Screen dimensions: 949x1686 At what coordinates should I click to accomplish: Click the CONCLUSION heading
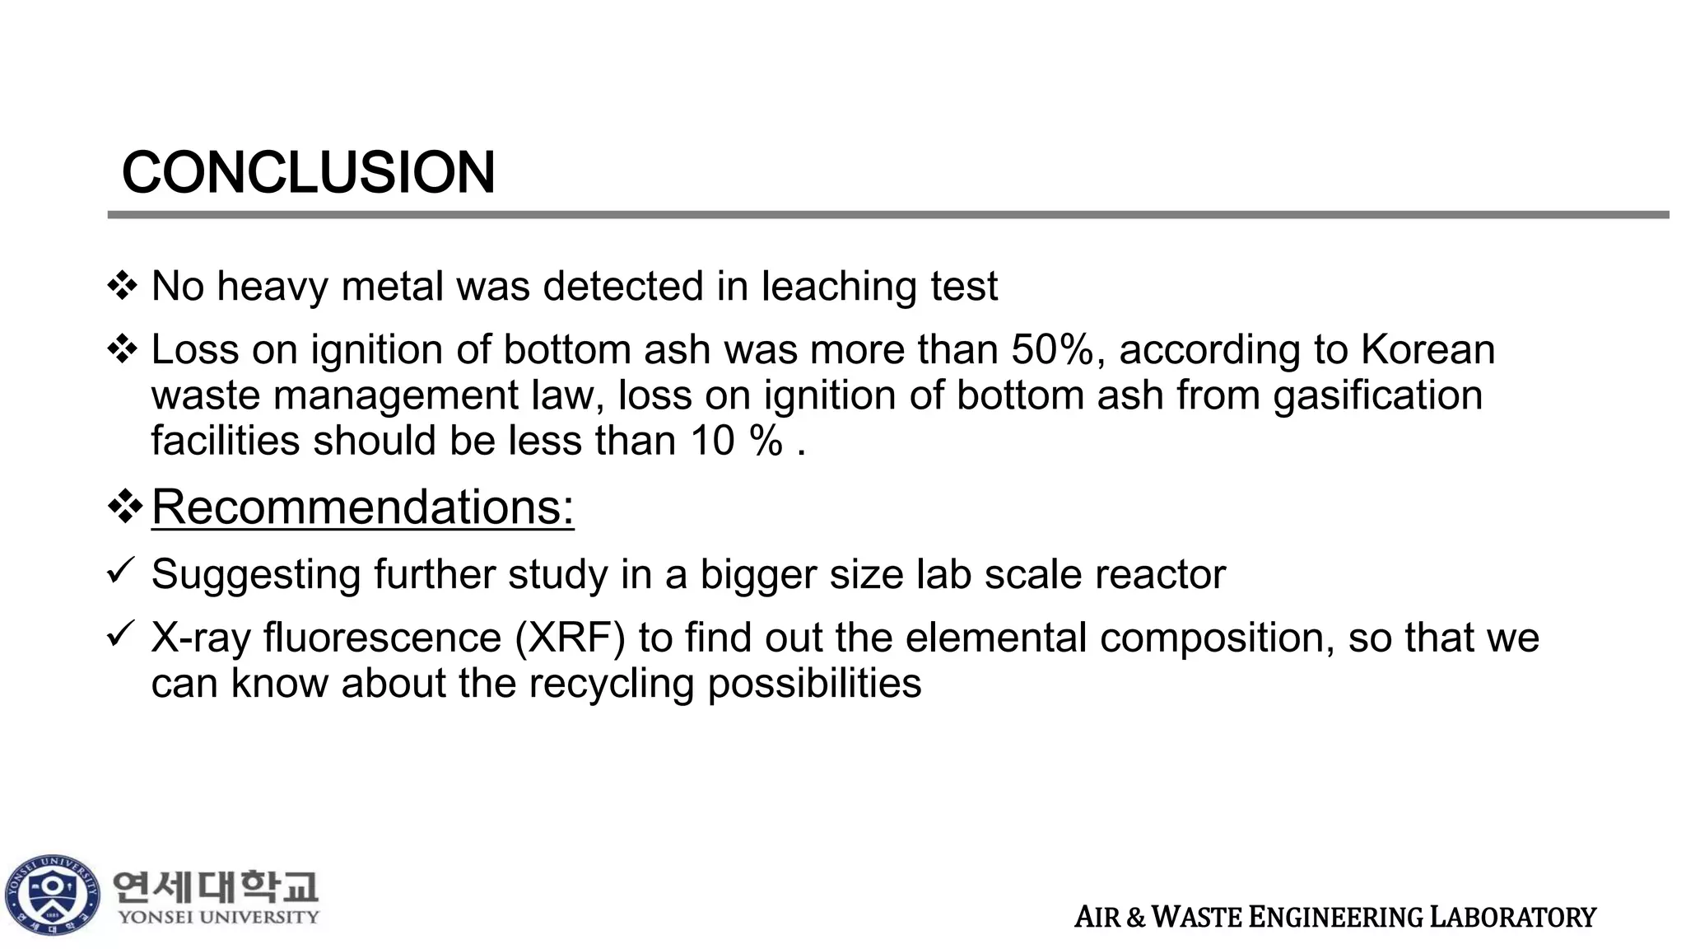pyautogui.click(x=308, y=173)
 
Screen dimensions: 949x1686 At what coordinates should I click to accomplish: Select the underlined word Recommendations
pyautogui.click(x=362, y=507)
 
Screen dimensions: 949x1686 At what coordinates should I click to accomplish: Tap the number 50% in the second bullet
pyautogui.click(x=1052, y=349)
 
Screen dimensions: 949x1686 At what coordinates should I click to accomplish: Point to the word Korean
pyautogui.click(x=1428, y=349)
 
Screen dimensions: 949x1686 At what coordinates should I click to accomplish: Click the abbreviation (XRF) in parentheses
pyautogui.click(x=570, y=638)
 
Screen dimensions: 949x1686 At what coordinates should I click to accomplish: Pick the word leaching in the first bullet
pyautogui.click(x=839, y=287)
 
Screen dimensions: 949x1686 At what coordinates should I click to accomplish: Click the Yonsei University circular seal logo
pyautogui.click(x=52, y=895)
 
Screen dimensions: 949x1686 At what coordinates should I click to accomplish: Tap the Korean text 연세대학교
pyautogui.click(x=215, y=887)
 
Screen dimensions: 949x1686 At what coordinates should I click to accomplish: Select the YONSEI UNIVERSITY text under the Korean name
pyautogui.click(x=218, y=917)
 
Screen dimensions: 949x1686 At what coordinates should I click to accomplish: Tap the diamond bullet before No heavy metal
pyautogui.click(x=123, y=286)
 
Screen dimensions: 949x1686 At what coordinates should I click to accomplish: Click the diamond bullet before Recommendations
pyautogui.click(x=125, y=506)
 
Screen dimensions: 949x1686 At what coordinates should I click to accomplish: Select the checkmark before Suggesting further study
pyautogui.click(x=120, y=570)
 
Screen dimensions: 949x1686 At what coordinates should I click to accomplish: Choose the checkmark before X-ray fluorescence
pyautogui.click(x=120, y=633)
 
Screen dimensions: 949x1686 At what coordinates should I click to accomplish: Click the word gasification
pyautogui.click(x=1377, y=395)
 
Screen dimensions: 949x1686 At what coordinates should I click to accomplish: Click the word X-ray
pyautogui.click(x=201, y=638)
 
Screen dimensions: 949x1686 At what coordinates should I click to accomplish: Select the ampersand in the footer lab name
pyautogui.click(x=1135, y=918)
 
